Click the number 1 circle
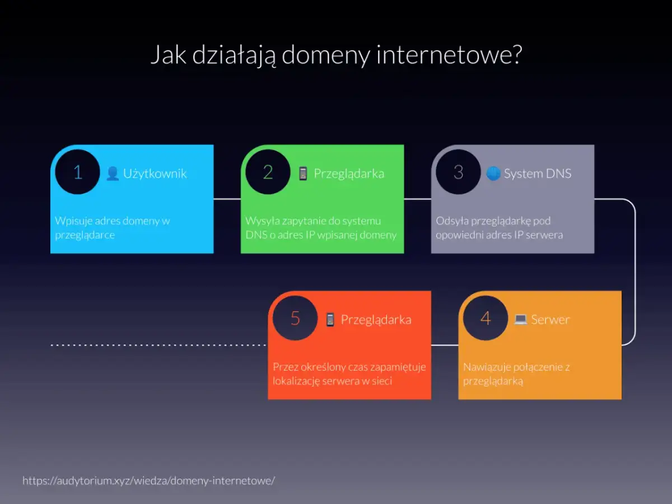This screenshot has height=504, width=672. point(78,172)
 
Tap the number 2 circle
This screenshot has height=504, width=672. point(268,172)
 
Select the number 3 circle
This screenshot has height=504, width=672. point(458,172)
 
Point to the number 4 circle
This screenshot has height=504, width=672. point(486,318)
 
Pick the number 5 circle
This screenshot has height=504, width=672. point(295,318)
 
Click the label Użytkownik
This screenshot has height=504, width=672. point(155,174)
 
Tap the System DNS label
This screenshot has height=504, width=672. point(537,174)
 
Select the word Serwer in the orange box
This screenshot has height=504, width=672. point(550,320)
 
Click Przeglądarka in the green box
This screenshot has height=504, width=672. point(348,174)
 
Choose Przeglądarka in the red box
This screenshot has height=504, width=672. point(376,320)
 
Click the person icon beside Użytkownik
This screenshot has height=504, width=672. point(113,174)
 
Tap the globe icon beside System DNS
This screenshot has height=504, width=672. point(493,174)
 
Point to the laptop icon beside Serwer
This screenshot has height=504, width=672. point(521,320)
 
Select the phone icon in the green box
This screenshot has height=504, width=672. point(303,174)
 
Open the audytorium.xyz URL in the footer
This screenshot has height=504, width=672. point(148,480)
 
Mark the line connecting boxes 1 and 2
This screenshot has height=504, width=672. point(227,199)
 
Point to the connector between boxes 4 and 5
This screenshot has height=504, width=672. point(445,345)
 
